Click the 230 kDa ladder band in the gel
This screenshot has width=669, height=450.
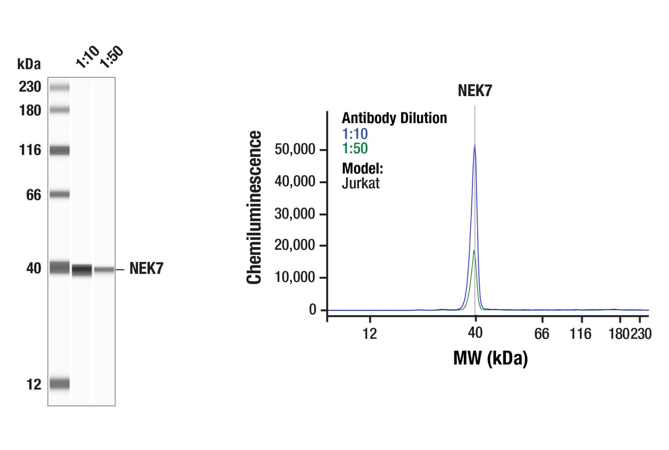59,87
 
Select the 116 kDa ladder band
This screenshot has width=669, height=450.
59,151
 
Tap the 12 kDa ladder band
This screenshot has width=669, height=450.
59,384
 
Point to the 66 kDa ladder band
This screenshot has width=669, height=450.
59,195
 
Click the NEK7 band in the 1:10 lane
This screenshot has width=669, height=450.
82,270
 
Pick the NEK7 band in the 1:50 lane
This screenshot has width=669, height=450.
104,270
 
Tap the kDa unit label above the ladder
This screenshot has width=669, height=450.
29,63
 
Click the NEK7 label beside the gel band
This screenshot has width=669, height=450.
146,269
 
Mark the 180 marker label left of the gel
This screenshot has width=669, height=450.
29,110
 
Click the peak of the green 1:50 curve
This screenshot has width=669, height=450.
474,250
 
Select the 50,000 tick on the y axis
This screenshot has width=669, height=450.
296,150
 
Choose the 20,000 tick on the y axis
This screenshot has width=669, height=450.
296,246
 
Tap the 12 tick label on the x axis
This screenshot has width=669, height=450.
369,333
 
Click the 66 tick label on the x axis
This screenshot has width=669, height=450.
542,333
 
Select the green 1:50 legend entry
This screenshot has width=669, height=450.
355,149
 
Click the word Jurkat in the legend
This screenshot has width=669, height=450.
361,183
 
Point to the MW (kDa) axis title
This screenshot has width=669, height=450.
490,357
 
